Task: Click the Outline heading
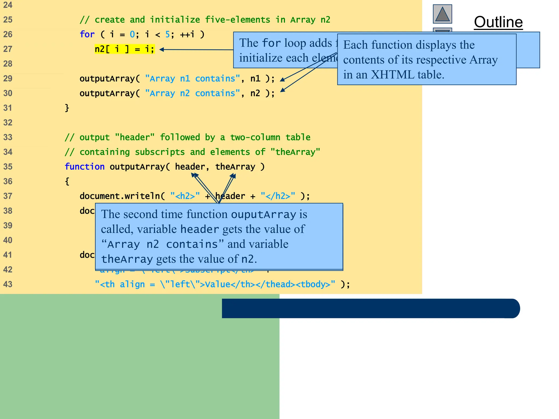coord(498,22)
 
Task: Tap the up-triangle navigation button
coord(442,14)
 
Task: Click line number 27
coord(8,49)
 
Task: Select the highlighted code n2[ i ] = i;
coord(124,49)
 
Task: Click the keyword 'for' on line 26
coord(87,34)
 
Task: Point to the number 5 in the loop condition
coord(168,34)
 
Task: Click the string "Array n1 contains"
coord(192,79)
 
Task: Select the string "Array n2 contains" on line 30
coord(192,93)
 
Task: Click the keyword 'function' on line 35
coord(85,167)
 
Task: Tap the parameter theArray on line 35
coord(235,167)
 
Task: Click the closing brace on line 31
coord(67,108)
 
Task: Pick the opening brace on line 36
coord(67,181)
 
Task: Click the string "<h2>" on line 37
coord(185,196)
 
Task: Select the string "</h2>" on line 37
coord(278,196)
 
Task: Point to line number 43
coord(8,284)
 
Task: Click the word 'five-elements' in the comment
coord(237,20)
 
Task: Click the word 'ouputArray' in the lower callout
coord(263,214)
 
